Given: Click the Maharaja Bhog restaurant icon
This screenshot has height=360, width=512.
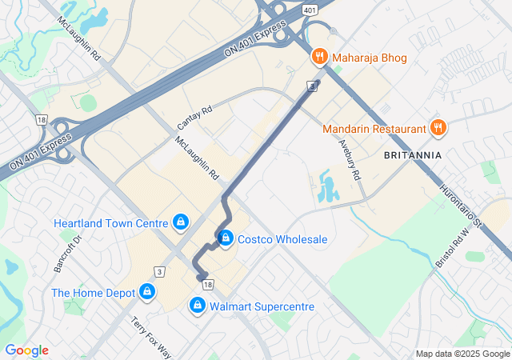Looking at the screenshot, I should click(x=320, y=58).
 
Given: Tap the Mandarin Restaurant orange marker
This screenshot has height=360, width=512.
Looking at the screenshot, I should click(x=438, y=128).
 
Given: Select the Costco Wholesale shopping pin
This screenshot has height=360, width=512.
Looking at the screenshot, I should click(x=226, y=238).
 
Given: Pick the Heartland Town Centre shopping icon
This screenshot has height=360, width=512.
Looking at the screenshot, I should click(x=181, y=222).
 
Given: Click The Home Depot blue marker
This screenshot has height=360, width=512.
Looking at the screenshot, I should click(x=147, y=293).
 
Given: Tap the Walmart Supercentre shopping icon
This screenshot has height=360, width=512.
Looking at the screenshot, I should click(x=197, y=306).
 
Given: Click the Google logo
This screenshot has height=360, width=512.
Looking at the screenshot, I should click(x=26, y=350).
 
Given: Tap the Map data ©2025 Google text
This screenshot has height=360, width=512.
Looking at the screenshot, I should click(x=462, y=354).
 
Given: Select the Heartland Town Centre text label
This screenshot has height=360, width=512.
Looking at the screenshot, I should click(x=110, y=222).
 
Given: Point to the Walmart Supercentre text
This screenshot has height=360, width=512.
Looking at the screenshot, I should click(x=262, y=306).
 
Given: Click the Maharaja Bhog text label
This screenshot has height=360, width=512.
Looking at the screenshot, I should click(x=370, y=58).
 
